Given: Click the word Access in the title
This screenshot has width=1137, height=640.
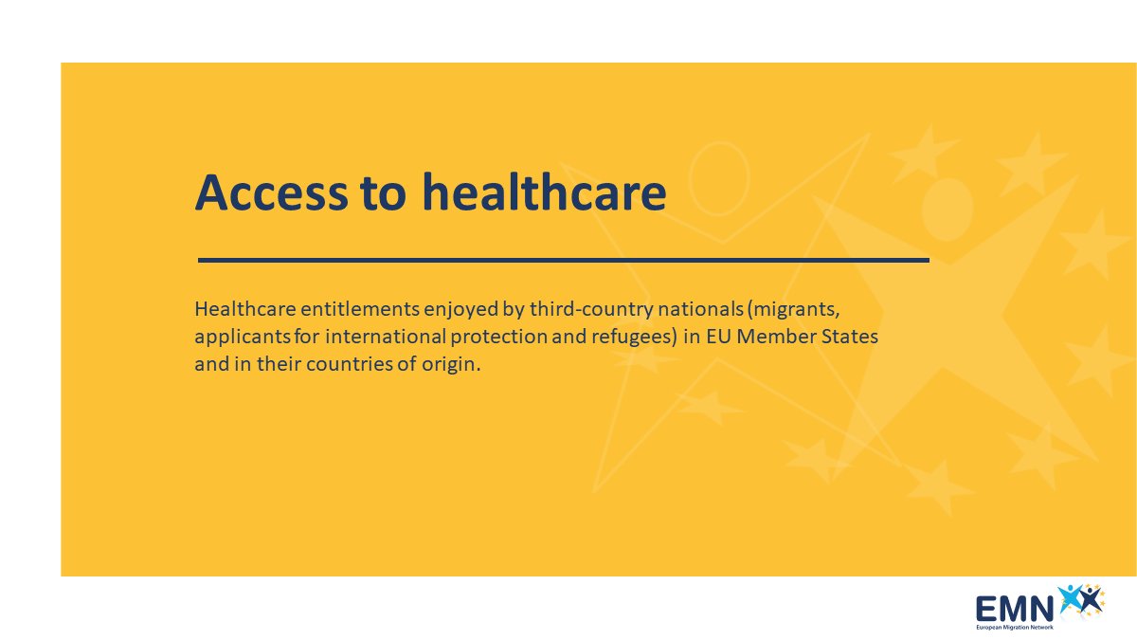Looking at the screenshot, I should [x=270, y=193].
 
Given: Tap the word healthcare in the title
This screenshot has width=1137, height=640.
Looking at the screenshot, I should [x=544, y=193].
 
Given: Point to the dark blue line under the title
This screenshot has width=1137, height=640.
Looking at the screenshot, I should [x=563, y=259].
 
